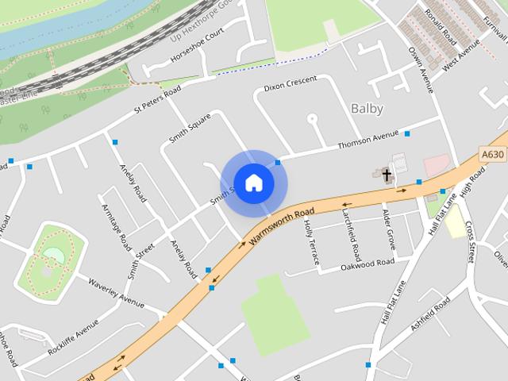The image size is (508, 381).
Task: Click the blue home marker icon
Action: (253, 183)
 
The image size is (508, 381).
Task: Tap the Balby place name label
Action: (366, 109)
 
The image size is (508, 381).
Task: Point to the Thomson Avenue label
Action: (367, 140)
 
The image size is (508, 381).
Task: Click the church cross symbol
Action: (387, 174)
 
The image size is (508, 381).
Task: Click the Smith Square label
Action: (190, 129)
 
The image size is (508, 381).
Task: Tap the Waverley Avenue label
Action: (116, 291)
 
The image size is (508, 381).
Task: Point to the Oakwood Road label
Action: (368, 264)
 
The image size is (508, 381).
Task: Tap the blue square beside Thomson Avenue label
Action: (406, 133)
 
